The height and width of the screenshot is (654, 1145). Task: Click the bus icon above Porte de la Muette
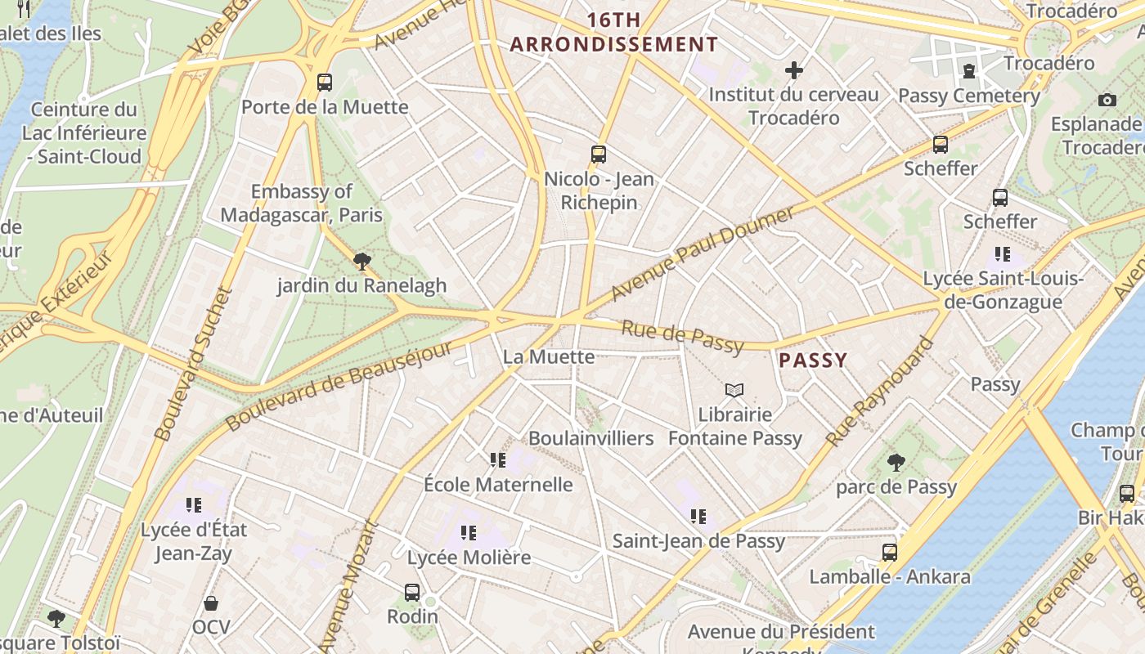pos(325,82)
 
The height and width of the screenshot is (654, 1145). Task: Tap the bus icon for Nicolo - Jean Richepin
pos(599,154)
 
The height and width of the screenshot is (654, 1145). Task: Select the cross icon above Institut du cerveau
pos(793,70)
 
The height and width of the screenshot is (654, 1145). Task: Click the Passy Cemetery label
pos(969,96)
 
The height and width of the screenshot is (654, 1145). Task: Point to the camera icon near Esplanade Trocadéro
pos(1107,100)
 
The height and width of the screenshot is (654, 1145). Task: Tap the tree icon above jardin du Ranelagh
pos(361,262)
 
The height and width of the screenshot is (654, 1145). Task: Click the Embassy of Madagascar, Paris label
pos(302,204)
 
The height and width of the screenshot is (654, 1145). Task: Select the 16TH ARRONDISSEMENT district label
pos(613,33)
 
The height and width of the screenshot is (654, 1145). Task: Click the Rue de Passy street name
pos(683,336)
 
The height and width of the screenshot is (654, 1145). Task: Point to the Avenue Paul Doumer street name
pos(703,253)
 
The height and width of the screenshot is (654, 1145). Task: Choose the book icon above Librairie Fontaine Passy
pos(734,391)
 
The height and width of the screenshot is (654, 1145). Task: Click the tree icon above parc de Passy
pos(896,463)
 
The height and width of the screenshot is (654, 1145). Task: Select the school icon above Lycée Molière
pos(469,534)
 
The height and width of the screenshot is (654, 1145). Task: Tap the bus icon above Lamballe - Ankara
pos(890,553)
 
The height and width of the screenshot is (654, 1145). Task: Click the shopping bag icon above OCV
pos(211,604)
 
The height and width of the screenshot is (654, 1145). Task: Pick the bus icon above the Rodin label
pos(412,593)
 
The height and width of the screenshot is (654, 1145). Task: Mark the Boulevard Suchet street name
pos(194,364)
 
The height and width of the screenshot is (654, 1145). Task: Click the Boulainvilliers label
pos(590,438)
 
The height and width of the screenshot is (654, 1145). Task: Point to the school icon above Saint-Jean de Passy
pos(698,517)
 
